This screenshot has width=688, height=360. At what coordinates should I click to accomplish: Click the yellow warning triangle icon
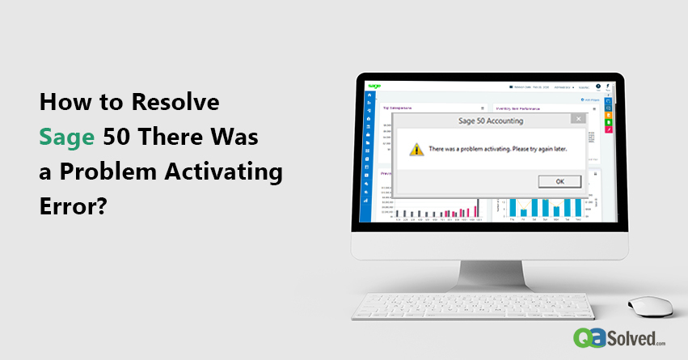click(x=416, y=150)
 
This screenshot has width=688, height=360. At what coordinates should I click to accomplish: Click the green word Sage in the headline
click(x=68, y=138)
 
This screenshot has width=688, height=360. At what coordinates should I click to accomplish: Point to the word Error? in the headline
click(x=74, y=206)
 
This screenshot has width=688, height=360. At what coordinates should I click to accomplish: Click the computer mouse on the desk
click(x=649, y=306)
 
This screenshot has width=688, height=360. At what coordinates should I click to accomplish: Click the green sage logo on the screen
click(x=374, y=85)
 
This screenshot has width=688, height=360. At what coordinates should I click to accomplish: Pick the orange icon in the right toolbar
click(x=608, y=115)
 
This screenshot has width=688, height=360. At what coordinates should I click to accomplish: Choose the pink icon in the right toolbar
click(x=608, y=129)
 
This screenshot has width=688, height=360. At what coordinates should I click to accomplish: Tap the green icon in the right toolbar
click(x=608, y=121)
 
